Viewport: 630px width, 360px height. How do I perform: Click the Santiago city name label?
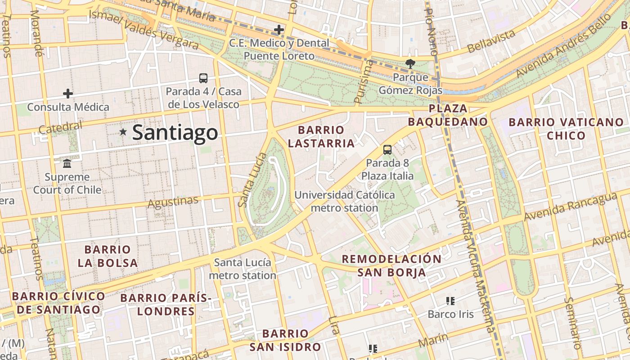coord(175,133)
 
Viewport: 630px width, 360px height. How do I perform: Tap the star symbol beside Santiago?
coord(123,132)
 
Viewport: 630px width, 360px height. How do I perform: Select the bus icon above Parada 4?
coord(203,78)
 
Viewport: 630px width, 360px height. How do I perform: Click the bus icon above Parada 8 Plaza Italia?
coord(387,150)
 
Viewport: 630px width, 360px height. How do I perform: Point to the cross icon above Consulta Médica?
coord(68,94)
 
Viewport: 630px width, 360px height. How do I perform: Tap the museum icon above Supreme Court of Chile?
coord(67,163)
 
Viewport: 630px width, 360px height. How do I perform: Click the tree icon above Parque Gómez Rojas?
coord(410,64)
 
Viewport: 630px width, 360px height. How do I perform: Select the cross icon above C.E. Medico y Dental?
coord(279,30)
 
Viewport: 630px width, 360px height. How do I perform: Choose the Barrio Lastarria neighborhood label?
coord(321,137)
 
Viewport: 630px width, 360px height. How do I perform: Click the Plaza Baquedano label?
coord(448,115)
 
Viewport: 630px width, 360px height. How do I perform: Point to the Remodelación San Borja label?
coord(391,265)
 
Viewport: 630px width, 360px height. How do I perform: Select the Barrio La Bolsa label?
coord(108,256)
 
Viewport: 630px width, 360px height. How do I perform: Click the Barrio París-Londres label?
coord(166,304)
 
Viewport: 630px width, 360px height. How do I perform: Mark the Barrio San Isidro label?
coord(285,340)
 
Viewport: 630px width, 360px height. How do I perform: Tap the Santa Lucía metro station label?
coord(243,269)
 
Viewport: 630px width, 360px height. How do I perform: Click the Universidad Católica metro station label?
coord(344,201)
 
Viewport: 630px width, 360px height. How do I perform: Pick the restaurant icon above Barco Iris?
coord(450,301)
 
